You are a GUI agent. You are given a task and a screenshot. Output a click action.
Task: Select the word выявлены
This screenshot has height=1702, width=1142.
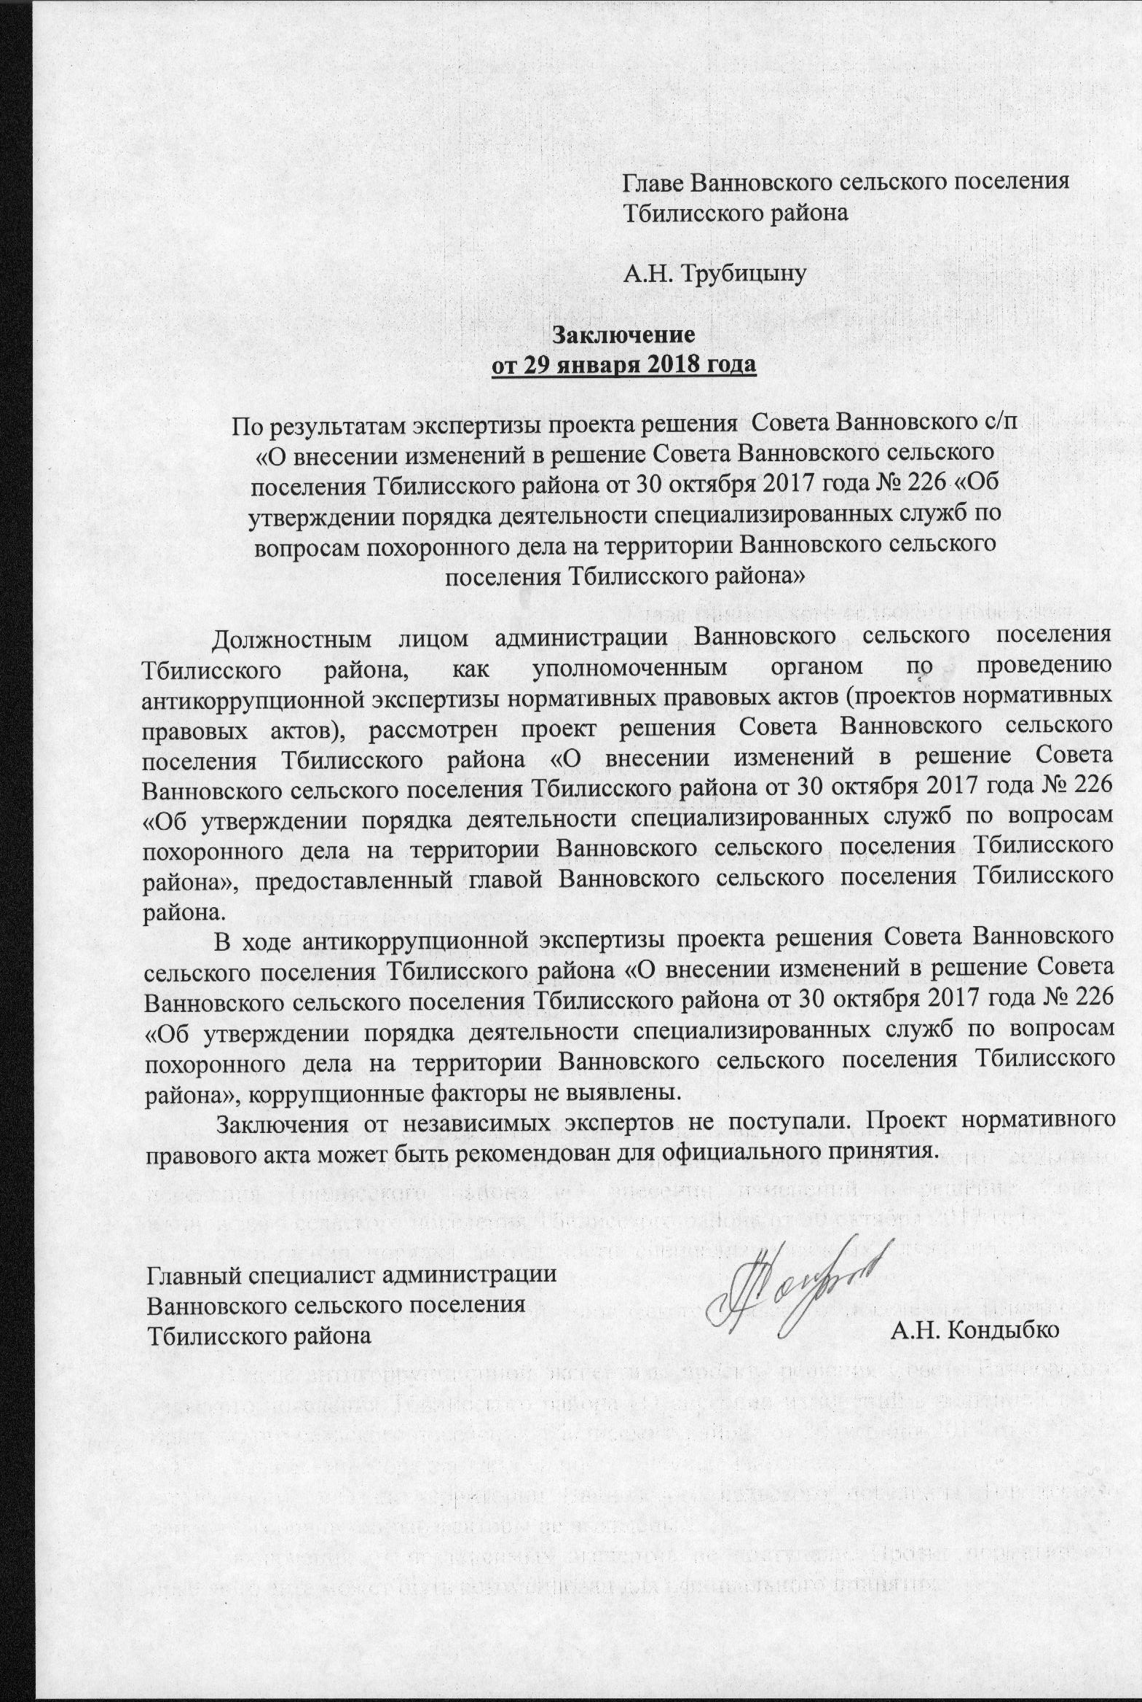coord(628,1093)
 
